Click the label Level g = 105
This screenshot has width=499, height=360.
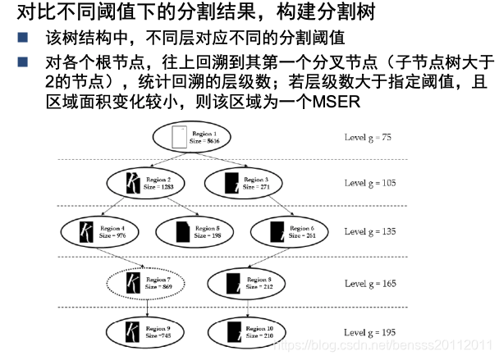[x=369, y=183]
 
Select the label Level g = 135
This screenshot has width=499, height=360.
[x=369, y=231]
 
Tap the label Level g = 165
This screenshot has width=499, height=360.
[x=369, y=283]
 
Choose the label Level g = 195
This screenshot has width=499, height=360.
[x=369, y=332]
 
